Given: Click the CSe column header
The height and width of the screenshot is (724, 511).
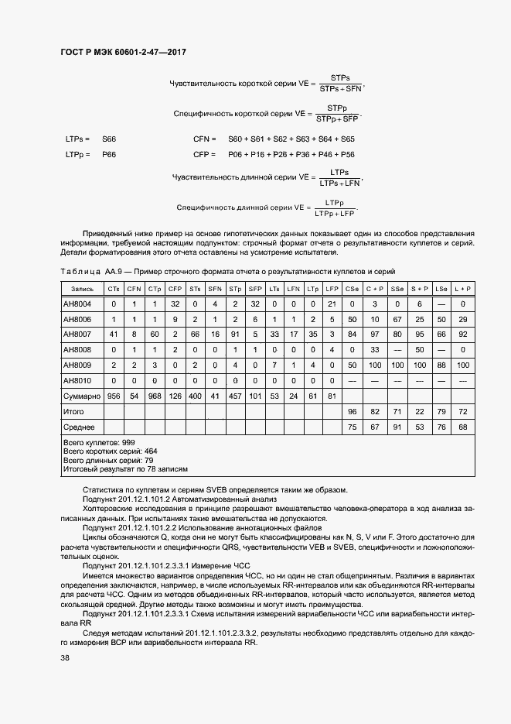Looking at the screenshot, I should coord(353,289).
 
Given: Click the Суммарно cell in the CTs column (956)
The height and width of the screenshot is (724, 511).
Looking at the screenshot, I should coord(114,396).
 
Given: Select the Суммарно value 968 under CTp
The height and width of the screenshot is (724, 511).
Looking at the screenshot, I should coord(155,396).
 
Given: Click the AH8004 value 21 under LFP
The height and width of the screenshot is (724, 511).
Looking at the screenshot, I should coord(332,304).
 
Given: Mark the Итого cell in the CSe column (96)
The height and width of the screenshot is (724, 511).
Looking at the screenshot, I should coord(353,411).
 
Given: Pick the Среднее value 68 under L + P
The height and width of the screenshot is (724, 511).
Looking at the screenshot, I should coord(462,427).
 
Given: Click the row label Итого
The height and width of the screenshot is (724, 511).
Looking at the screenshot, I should coord(73,411).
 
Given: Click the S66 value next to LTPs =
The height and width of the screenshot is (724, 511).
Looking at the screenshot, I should coord(109,139).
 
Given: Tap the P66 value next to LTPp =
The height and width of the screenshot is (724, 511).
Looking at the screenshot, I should coord(109,155).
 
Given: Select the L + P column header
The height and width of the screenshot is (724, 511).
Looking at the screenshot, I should coord(462,289).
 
